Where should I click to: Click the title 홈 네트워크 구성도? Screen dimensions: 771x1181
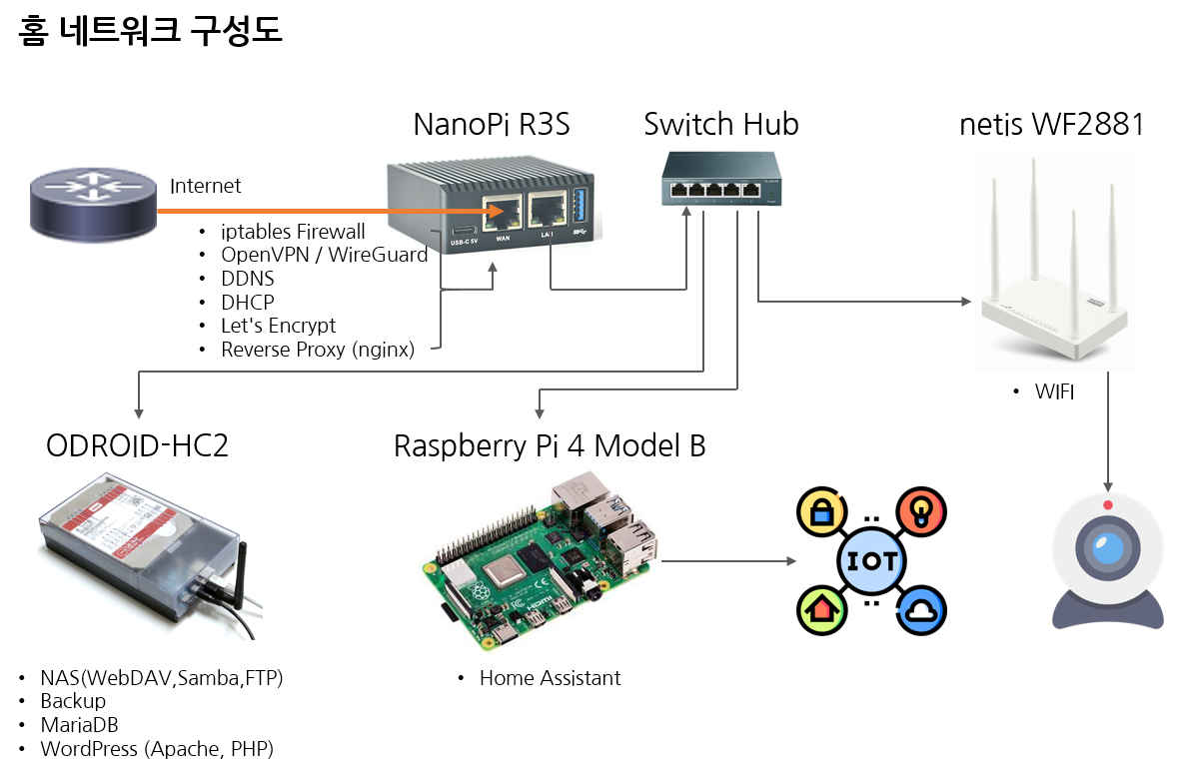tap(151, 32)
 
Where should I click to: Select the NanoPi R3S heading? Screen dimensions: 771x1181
tap(492, 125)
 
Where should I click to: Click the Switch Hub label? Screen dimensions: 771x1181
tap(720, 125)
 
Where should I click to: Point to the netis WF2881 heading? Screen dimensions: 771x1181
tap(1051, 125)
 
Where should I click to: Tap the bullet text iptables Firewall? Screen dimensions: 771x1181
tap(293, 232)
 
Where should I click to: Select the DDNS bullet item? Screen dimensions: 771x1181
tap(247, 279)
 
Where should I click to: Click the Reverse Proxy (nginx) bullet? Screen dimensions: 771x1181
tap(317, 350)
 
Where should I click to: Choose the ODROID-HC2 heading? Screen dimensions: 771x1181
tap(137, 445)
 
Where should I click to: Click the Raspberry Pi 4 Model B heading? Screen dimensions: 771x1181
tap(550, 445)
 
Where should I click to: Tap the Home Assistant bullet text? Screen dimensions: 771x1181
tap(550, 678)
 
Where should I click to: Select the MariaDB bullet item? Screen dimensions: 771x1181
tap(79, 725)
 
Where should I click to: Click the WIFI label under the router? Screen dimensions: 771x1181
tap(1054, 392)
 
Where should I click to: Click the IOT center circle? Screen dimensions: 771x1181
tap(871, 560)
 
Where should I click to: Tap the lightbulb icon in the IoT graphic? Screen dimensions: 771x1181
tap(921, 512)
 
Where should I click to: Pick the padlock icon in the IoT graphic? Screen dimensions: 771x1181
tap(820, 512)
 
